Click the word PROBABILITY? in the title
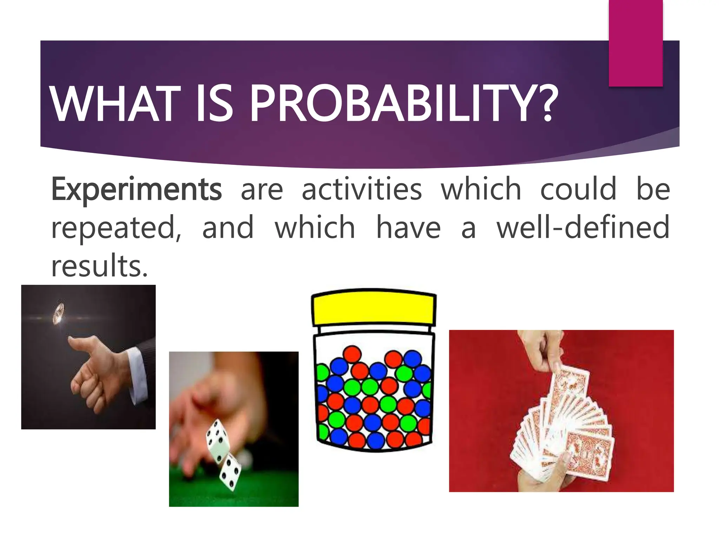pyautogui.click(x=404, y=104)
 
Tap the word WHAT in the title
pyautogui.click(x=114, y=104)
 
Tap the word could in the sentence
pyautogui.click(x=578, y=189)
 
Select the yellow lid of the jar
pyautogui.click(x=374, y=308)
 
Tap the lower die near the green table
pyautogui.click(x=231, y=471)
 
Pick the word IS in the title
pyautogui.click(x=214, y=104)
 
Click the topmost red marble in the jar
pyautogui.click(x=352, y=354)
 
